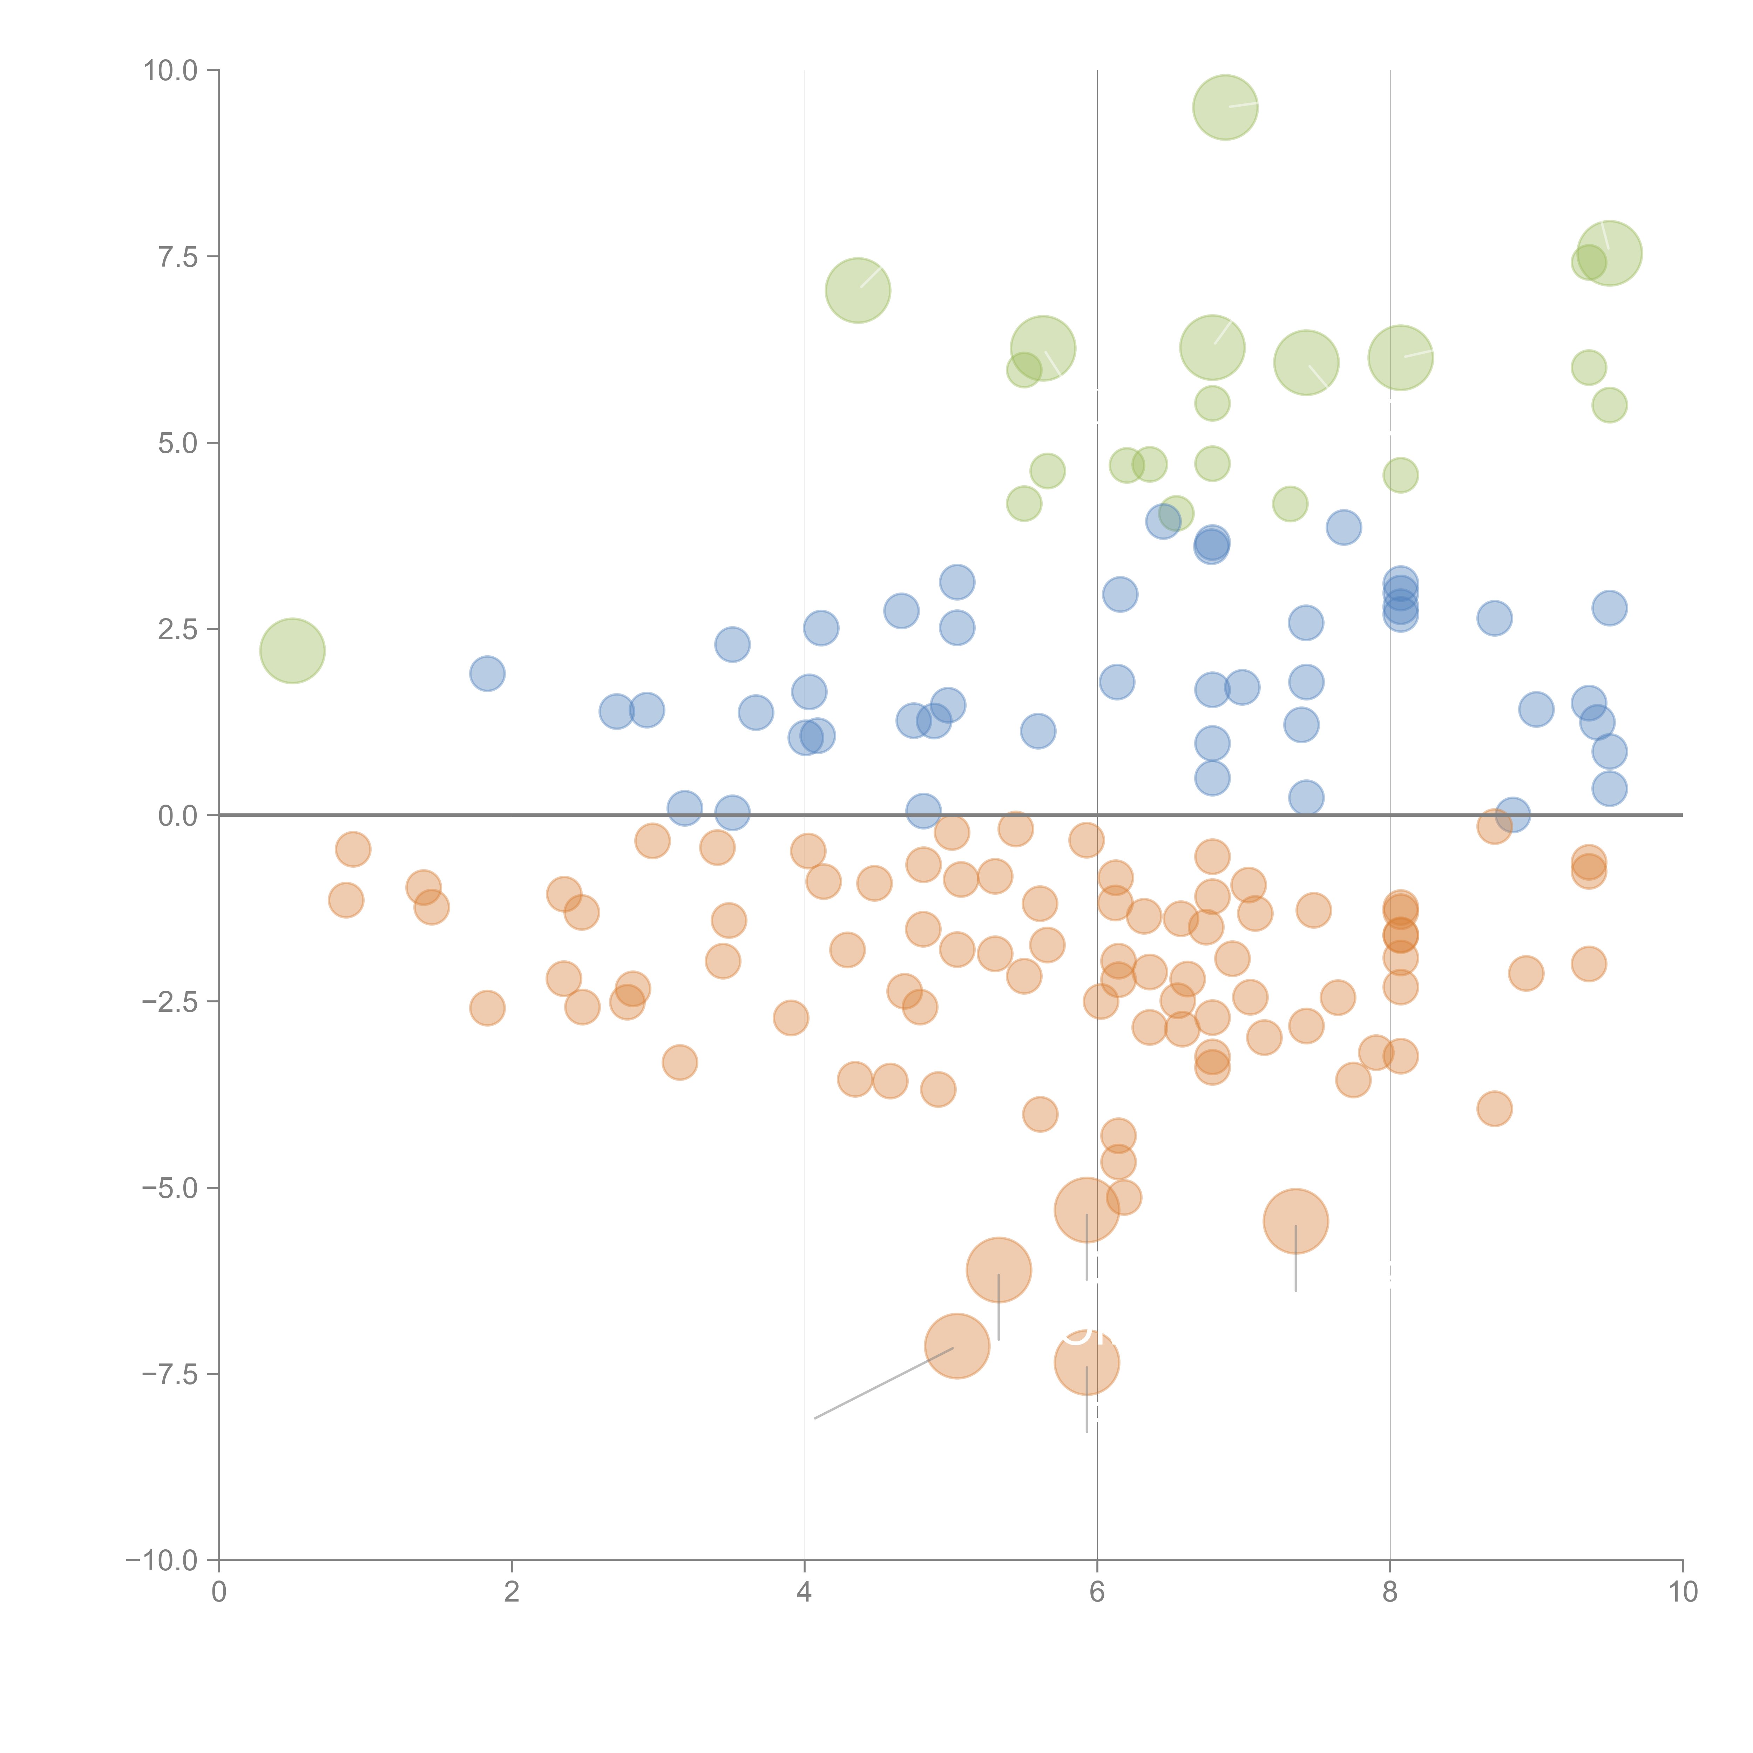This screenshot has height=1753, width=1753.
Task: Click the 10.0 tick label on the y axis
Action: pos(171,71)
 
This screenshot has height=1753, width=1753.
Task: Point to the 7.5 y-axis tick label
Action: pos(178,257)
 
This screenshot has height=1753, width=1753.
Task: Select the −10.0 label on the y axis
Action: pos(162,1561)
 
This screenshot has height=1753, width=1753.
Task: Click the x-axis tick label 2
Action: pos(512,1591)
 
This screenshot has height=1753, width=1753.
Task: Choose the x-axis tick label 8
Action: pos(1390,1591)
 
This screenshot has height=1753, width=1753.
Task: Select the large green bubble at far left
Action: pos(292,651)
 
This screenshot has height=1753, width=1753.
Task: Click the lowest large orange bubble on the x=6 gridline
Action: pos(1086,1362)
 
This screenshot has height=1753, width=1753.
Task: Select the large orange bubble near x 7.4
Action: pos(1295,1221)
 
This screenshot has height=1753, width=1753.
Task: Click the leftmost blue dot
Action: pos(487,673)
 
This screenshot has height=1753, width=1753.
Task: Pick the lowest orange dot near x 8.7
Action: pos(1494,1108)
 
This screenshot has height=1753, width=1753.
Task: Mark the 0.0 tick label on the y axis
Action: pos(178,816)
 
